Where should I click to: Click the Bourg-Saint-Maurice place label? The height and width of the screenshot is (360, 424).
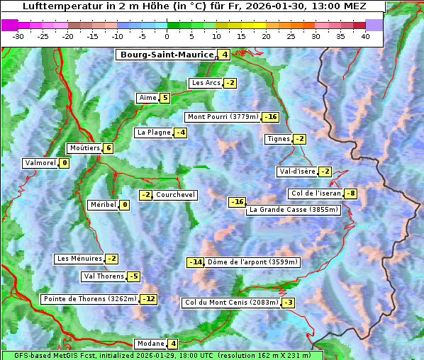click(167, 55)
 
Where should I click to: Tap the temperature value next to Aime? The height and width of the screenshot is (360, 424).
click(164, 98)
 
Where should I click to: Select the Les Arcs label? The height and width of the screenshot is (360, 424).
click(206, 83)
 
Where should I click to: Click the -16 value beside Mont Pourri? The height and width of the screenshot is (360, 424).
click(270, 117)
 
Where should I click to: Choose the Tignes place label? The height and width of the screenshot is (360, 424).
click(278, 139)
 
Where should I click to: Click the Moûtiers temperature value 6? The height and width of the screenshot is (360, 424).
click(108, 148)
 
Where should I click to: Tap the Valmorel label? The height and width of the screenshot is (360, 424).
click(40, 163)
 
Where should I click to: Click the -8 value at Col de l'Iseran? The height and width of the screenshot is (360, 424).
click(350, 193)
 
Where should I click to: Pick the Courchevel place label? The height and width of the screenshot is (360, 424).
click(175, 195)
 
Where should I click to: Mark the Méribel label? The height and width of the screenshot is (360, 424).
click(103, 205)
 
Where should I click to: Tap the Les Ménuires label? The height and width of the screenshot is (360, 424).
click(79, 259)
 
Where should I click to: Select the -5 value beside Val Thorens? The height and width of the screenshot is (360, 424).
click(133, 276)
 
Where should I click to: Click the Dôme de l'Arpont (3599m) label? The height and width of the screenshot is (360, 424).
click(252, 262)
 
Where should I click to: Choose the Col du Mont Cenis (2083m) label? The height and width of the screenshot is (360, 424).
click(231, 303)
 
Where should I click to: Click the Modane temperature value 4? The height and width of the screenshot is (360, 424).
click(172, 344)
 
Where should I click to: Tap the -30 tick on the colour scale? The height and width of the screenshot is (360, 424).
click(18, 36)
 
